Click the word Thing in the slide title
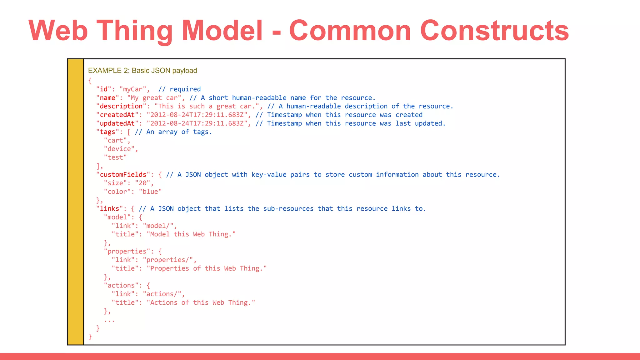pos(134,31)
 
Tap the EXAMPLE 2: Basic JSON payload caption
pos(142,71)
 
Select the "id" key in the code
pos(104,89)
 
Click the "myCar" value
pos(133,89)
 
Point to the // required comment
pos(179,89)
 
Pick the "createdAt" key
pos(117,115)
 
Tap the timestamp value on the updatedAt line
pos(197,123)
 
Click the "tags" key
pos(107,132)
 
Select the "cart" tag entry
pos(115,140)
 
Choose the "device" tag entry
pos(119,149)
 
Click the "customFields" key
pos(123,174)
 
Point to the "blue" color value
pos(150,192)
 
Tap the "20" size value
pos(142,183)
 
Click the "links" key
pos(109,208)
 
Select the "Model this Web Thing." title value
pos(191,234)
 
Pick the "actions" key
pos(121,285)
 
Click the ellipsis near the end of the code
pos(109,320)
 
